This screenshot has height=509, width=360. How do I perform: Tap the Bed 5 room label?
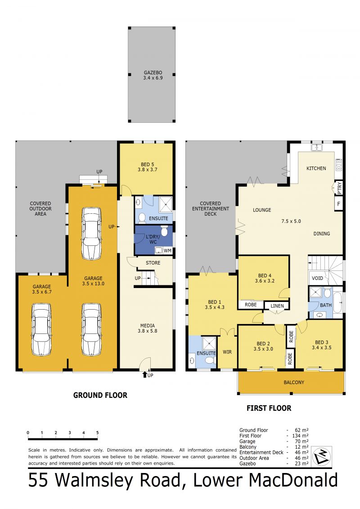click(x=146, y=167)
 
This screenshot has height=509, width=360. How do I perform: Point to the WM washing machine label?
click(x=167, y=250)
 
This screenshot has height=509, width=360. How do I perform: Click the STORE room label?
click(x=153, y=263)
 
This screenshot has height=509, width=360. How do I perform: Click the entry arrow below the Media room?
click(x=145, y=374)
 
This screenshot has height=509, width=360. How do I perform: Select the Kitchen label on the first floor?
click(x=316, y=168)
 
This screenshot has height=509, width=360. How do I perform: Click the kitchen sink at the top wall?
click(x=317, y=147)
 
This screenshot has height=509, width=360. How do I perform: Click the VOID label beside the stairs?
click(x=317, y=278)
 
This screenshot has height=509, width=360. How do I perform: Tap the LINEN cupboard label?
click(x=277, y=306)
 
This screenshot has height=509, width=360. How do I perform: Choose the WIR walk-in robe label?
click(x=227, y=352)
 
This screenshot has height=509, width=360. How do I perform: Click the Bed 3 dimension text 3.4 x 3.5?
click(x=323, y=347)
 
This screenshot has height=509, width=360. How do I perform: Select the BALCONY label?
click(x=294, y=383)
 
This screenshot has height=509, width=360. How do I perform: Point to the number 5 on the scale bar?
click(x=97, y=432)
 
